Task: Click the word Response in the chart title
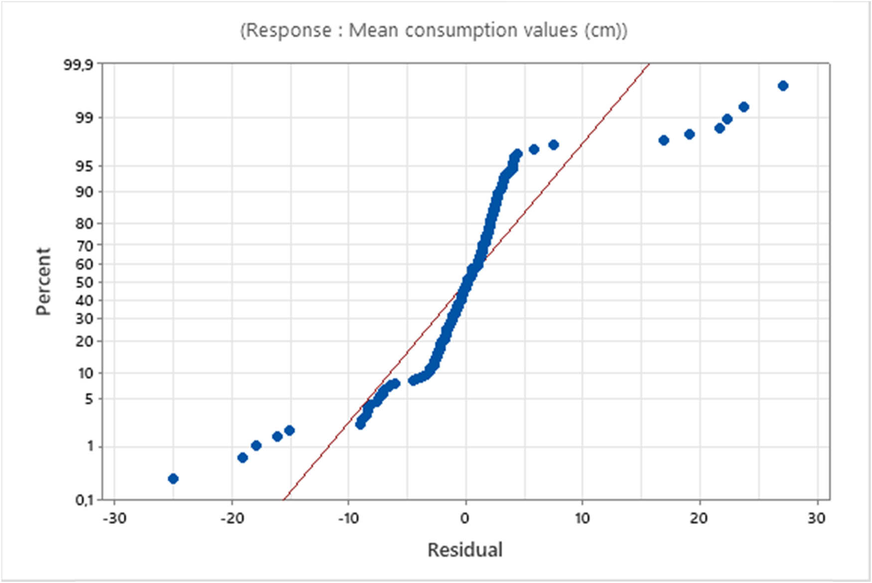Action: (289, 30)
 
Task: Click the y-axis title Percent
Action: (43, 282)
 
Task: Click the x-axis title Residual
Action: (465, 550)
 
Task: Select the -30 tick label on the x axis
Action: (114, 518)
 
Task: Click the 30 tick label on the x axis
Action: (817, 518)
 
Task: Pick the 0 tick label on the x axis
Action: (465, 518)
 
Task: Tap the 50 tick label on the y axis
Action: (84, 282)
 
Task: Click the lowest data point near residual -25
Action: (173, 479)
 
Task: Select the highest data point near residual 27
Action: (783, 86)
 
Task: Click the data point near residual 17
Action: (664, 140)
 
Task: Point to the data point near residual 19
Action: (690, 134)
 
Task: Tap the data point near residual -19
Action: (243, 458)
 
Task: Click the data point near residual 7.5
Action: (554, 145)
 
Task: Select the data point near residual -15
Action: (290, 430)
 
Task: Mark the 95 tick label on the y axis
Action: (84, 166)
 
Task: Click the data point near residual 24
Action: (744, 107)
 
